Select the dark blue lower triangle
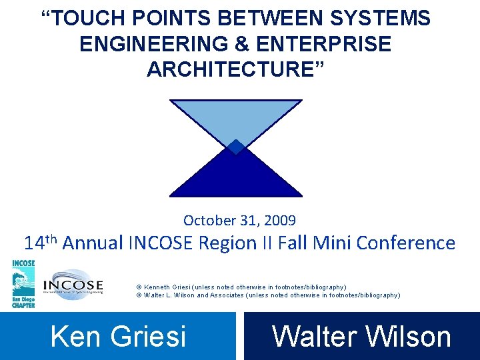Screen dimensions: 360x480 tap(235, 175)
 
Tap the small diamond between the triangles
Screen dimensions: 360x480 tap(235, 147)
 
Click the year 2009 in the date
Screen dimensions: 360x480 tap(281, 220)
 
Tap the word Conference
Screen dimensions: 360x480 tap(406, 243)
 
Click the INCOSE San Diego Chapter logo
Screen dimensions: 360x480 tap(23, 283)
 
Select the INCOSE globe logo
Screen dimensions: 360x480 tap(73, 285)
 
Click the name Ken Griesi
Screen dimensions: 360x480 tap(118, 337)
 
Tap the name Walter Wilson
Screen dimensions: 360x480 tap(361, 337)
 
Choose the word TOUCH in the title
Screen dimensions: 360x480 tap(86, 19)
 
